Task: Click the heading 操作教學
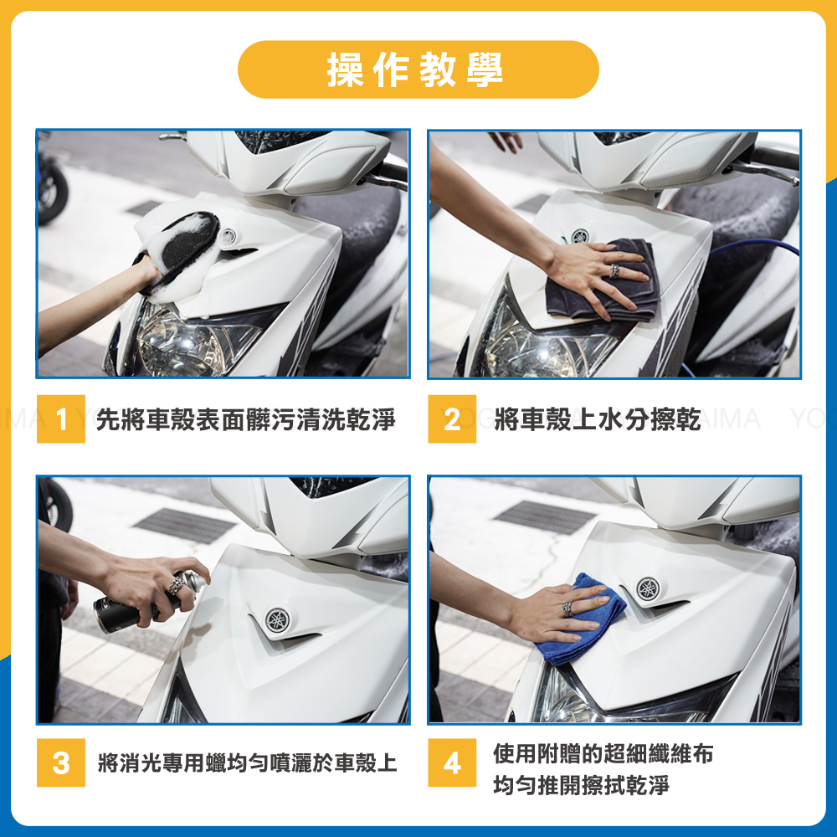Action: [x=415, y=70]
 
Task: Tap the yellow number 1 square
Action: [x=61, y=419]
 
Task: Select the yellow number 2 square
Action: [x=452, y=419]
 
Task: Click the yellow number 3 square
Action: [x=61, y=763]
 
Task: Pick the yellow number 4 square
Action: [x=452, y=763]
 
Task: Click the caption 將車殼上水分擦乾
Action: [x=598, y=419]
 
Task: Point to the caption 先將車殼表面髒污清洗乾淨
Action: [x=246, y=419]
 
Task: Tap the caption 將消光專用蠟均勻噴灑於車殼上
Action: [x=248, y=763]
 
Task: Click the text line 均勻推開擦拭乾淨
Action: [x=581, y=785]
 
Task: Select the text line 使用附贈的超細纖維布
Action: [x=603, y=754]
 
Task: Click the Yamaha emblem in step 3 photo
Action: [x=278, y=620]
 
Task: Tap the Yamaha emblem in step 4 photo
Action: [x=648, y=588]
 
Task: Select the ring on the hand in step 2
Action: [x=614, y=271]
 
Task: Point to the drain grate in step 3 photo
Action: [x=185, y=525]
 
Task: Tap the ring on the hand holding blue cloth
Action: [x=568, y=609]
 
